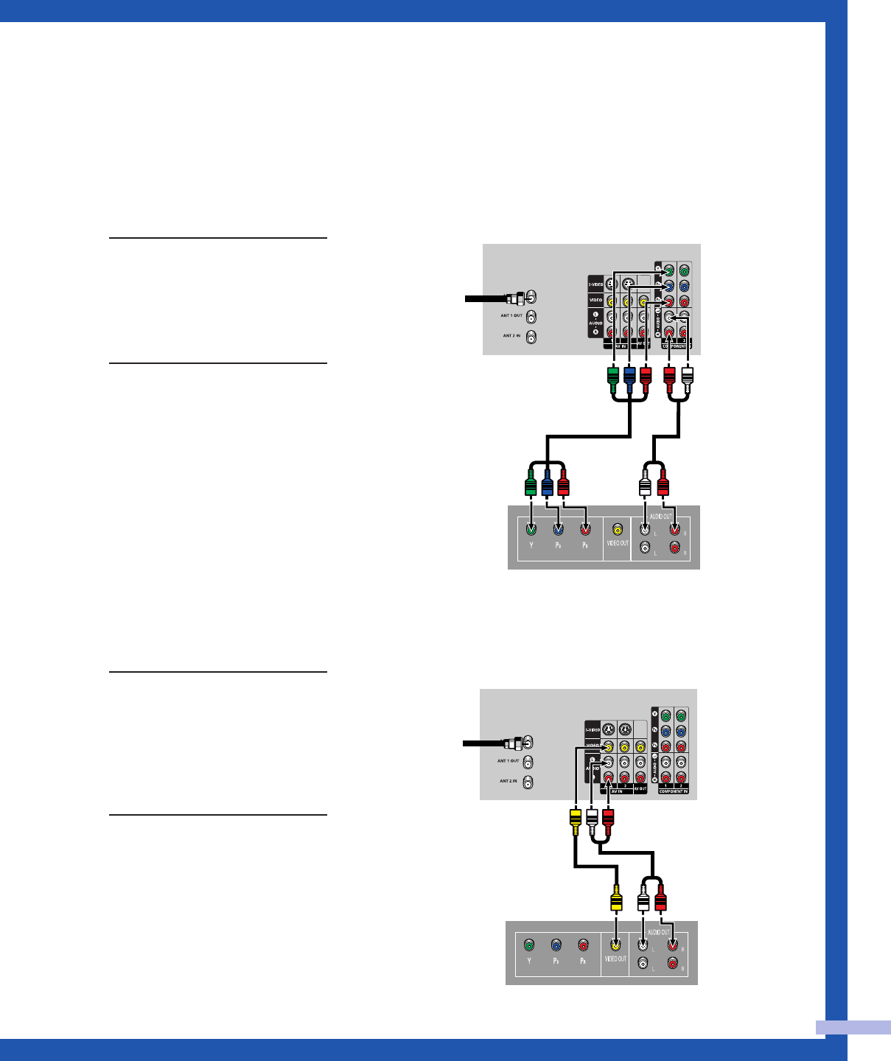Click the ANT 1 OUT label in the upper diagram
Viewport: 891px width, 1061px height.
511,315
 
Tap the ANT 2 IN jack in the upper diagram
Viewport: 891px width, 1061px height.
531,337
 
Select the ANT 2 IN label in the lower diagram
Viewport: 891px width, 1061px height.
509,780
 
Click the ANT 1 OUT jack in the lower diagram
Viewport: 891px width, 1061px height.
528,762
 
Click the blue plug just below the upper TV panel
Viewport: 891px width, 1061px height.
629,379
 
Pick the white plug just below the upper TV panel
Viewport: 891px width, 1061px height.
687,379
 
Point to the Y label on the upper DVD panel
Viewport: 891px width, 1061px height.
531,546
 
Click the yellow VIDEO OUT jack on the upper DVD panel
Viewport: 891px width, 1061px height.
618,529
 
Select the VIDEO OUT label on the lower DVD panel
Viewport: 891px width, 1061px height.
615,959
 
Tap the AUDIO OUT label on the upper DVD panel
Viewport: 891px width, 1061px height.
660,517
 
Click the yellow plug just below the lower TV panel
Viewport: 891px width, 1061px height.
575,820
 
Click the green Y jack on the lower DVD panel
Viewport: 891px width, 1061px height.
528,945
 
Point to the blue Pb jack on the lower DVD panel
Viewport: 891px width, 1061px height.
556,945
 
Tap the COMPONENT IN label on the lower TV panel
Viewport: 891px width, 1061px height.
674,791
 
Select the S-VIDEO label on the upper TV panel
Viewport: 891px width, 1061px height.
595,284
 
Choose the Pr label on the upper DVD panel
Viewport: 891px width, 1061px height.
584,546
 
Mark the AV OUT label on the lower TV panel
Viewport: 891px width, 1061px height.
640,789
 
